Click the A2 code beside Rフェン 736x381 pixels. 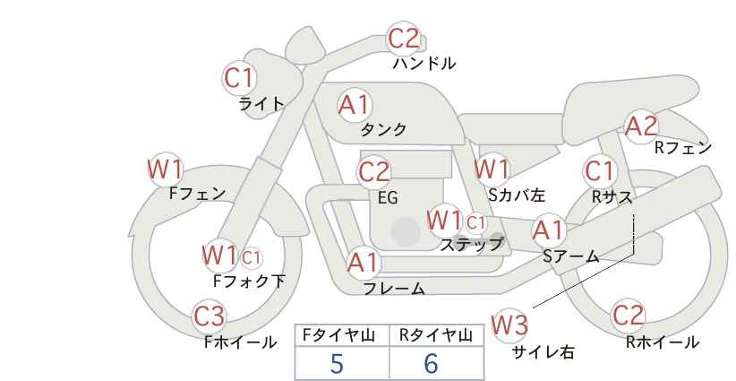click(x=641, y=126)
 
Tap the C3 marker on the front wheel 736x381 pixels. click(x=209, y=316)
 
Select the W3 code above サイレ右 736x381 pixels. click(x=509, y=325)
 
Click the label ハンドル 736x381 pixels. click(x=424, y=64)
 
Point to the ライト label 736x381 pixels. click(x=261, y=104)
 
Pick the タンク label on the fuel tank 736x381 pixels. click(x=383, y=129)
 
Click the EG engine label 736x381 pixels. click(x=388, y=198)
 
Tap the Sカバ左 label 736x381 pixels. click(x=517, y=195)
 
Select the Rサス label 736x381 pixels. click(x=612, y=197)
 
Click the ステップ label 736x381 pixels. click(x=471, y=245)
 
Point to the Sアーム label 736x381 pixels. click(x=570, y=256)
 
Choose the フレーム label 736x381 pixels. click(x=394, y=289)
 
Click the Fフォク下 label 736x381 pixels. click(x=249, y=281)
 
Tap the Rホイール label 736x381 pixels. click(x=663, y=342)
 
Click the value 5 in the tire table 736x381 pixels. click(x=337, y=363)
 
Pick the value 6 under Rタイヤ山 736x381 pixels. click(x=431, y=363)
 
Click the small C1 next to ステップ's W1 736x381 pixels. click(x=475, y=222)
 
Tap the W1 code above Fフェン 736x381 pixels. click(x=166, y=169)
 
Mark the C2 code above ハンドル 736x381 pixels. click(x=404, y=39)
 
